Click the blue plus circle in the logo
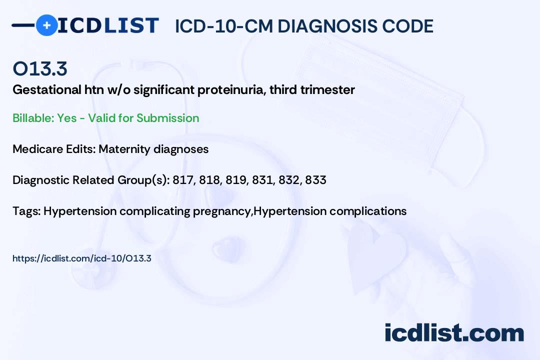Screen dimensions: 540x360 coord(47,25)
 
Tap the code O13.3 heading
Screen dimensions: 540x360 coord(40,68)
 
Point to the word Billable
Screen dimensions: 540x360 coord(33,118)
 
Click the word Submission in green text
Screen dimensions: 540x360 coord(168,118)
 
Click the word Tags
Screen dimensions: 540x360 coord(26,211)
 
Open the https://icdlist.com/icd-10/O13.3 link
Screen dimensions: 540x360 coord(82,258)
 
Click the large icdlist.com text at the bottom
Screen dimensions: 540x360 coord(454,332)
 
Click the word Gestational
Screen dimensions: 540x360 coord(47,90)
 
